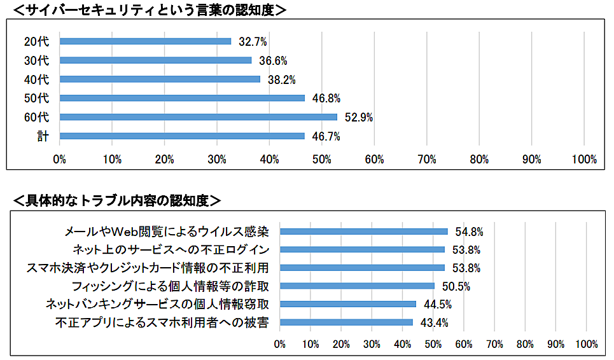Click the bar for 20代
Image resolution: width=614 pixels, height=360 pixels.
coord(145,41)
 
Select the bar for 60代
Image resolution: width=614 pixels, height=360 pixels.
coord(198,117)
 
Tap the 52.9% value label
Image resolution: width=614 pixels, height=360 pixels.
coord(359,117)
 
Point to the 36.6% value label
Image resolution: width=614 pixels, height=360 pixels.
coord(274,60)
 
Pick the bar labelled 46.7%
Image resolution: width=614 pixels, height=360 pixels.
coord(182,136)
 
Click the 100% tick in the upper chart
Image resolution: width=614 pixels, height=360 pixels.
coord(585,160)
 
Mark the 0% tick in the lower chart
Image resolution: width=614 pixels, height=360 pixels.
coord(280,344)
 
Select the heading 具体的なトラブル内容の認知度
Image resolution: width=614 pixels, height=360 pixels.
coord(117,200)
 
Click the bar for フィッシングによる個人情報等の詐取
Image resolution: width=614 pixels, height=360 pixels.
coord(357,286)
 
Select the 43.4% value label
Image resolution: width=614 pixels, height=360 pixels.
coord(435,322)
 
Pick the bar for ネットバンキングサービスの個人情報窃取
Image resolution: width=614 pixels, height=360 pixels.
coord(348,304)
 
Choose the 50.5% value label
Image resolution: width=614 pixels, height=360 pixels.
coord(456,286)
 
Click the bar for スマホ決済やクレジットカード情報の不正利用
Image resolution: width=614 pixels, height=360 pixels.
coord(362,268)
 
